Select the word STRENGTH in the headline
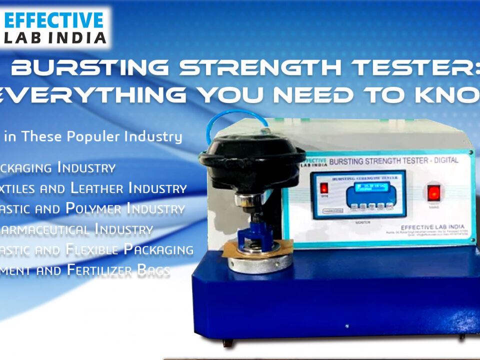click(x=250, y=67)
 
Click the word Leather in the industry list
click(x=98, y=188)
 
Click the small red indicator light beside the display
click(x=323, y=189)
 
